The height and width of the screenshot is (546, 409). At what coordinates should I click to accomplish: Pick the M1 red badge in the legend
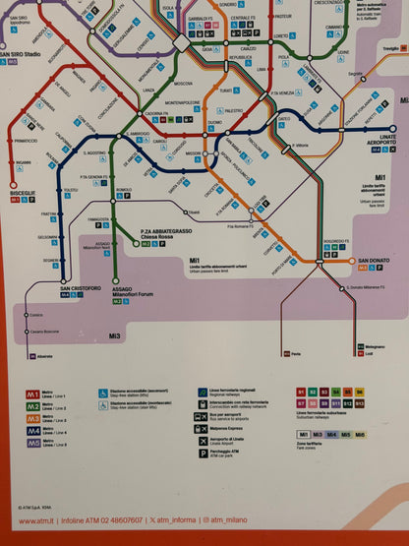[32, 395]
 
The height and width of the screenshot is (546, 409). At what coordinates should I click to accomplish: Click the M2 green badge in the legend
[32, 406]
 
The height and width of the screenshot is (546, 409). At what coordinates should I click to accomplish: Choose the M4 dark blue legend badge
[32, 430]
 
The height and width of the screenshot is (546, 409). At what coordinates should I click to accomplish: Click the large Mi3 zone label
[115, 336]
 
